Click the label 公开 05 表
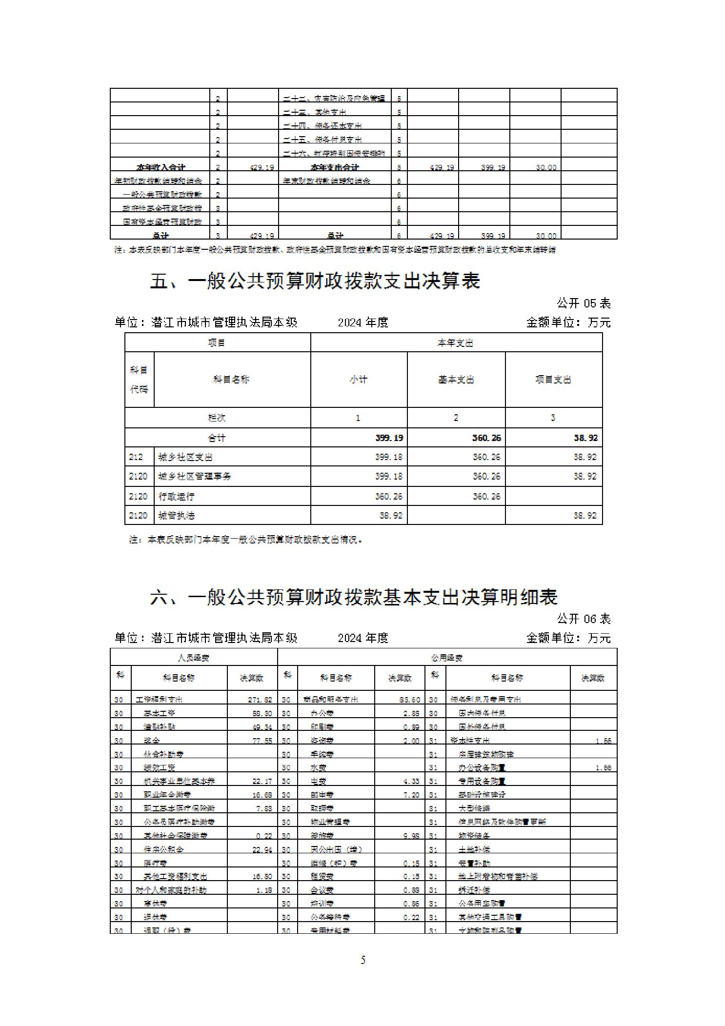click(x=584, y=303)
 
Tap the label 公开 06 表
click(x=584, y=619)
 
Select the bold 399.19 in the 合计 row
click(x=389, y=438)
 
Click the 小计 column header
click(x=359, y=380)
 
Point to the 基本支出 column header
click(x=456, y=380)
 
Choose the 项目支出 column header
click(x=553, y=380)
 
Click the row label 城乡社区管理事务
click(x=195, y=476)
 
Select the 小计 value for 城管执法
click(x=391, y=516)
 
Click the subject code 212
click(x=136, y=457)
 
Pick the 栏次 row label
click(x=217, y=418)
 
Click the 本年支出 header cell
click(x=455, y=343)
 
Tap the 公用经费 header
click(x=446, y=658)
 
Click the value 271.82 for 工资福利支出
click(x=260, y=700)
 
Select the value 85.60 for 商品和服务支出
click(x=409, y=700)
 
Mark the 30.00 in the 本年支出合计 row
click(x=546, y=167)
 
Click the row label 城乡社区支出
click(x=185, y=457)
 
